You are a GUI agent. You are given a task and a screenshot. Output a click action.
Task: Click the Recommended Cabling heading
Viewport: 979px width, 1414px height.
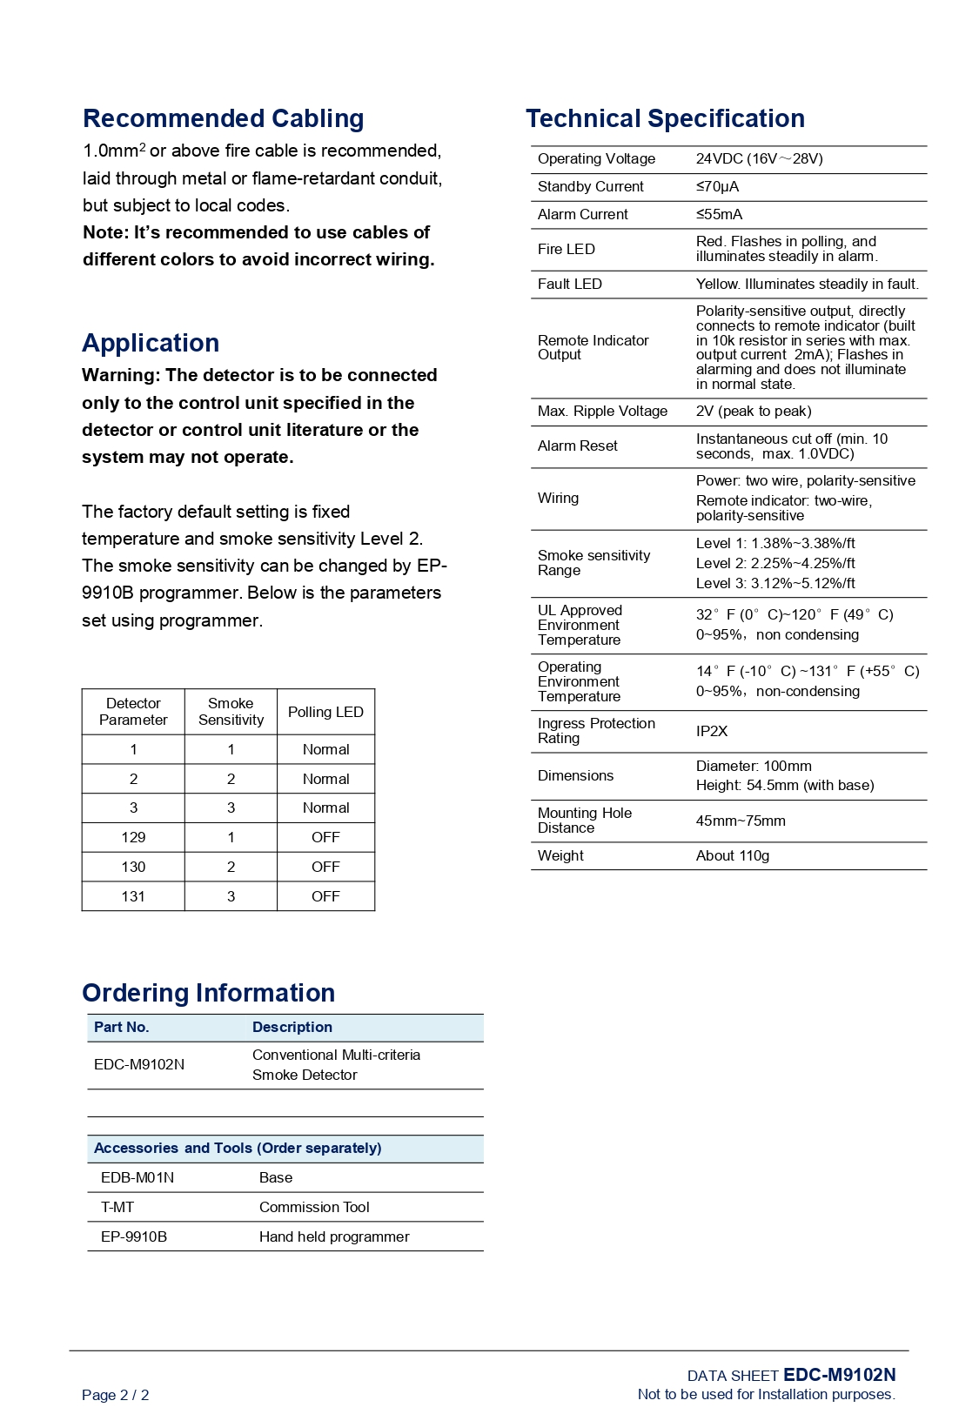(223, 118)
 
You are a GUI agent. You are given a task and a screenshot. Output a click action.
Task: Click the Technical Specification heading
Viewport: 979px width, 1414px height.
(665, 118)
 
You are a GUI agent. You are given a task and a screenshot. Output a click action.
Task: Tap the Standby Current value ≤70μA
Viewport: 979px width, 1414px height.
(717, 186)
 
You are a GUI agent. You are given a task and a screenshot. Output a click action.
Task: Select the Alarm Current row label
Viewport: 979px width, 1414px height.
(582, 214)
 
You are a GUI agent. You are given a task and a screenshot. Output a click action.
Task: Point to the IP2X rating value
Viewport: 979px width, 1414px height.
(711, 731)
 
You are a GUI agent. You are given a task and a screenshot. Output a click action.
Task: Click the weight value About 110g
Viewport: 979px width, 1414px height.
(732, 855)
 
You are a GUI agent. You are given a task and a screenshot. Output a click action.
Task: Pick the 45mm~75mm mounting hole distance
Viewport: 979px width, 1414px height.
(740, 821)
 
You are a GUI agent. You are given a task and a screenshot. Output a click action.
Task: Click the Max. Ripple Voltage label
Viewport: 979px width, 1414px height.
(602, 411)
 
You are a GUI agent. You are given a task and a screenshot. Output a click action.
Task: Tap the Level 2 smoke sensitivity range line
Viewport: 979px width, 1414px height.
(774, 563)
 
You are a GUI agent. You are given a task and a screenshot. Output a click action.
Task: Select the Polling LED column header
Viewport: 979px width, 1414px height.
(325, 712)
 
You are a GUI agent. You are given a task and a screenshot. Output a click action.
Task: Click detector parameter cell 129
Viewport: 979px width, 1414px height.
(133, 837)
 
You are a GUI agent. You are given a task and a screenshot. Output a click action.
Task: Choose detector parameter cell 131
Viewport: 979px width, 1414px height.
(133, 896)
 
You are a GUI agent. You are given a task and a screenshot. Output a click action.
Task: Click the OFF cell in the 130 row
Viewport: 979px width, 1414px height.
(325, 867)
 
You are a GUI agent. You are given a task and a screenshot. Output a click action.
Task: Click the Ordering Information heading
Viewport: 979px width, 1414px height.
(208, 993)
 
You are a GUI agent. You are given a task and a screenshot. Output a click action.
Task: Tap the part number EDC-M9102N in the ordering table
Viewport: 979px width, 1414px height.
(139, 1064)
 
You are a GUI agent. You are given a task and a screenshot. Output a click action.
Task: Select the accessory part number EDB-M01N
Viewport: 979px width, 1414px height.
(137, 1177)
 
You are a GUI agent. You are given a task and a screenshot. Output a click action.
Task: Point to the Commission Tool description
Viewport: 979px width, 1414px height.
(314, 1207)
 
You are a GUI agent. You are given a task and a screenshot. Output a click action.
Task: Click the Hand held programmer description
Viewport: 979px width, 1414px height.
(334, 1236)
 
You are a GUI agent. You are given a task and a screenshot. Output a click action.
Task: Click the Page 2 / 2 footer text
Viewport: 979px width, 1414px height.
(115, 1395)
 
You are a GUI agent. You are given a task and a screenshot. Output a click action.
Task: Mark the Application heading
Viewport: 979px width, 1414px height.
(151, 343)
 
